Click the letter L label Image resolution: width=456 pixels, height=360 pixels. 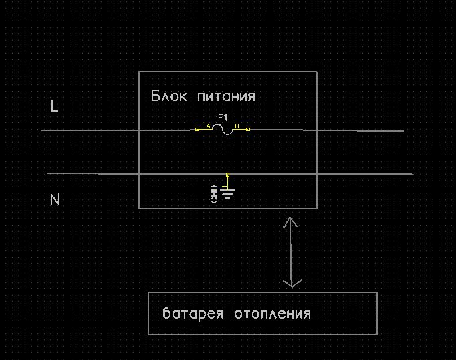(x=54, y=106)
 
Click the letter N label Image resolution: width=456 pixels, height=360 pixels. (x=55, y=199)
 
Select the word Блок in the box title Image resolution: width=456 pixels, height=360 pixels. (x=168, y=96)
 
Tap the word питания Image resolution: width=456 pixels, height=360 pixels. (x=226, y=96)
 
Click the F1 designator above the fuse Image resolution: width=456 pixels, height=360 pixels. (x=223, y=118)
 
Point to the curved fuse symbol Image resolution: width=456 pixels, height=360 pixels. (x=223, y=130)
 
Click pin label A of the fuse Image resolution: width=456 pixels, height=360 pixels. (x=208, y=126)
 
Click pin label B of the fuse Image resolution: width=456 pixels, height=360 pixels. (x=237, y=126)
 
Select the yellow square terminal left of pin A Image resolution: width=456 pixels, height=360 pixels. (x=197, y=130)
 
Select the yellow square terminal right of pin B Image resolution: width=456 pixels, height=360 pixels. (x=248, y=130)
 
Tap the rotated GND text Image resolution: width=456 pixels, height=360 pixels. (x=214, y=194)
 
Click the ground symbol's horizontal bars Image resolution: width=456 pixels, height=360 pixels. (x=228, y=194)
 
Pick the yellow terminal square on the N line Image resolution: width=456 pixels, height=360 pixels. (x=228, y=175)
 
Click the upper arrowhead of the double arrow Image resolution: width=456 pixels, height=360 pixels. (x=291, y=221)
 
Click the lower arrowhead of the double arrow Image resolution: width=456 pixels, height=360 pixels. (x=292, y=284)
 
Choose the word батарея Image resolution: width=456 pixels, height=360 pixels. (x=193, y=313)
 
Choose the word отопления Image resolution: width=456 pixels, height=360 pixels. (x=273, y=314)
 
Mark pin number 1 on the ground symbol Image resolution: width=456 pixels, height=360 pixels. (x=224, y=186)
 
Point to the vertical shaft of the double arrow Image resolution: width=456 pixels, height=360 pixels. (x=291, y=253)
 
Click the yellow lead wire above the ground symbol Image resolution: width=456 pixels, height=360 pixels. (x=228, y=183)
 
